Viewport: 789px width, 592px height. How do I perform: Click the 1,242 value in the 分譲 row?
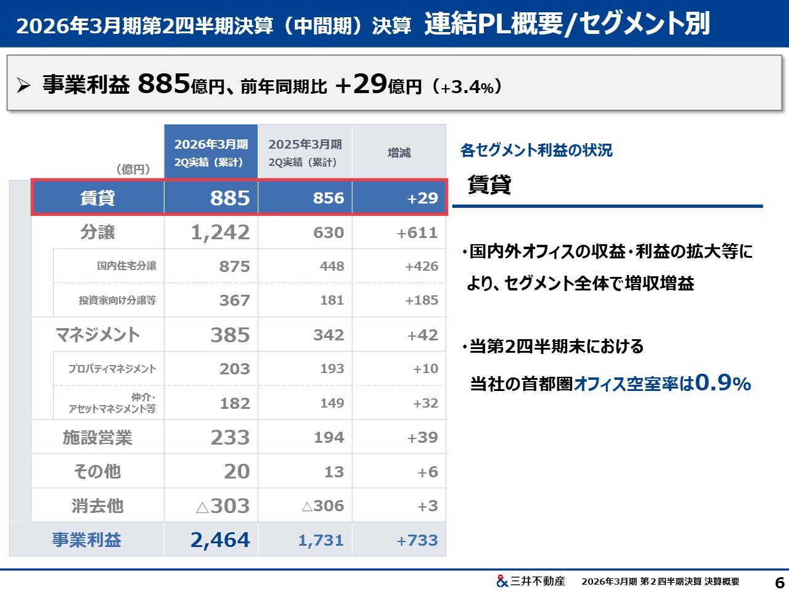(x=220, y=232)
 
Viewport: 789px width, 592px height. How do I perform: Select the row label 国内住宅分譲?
(x=126, y=266)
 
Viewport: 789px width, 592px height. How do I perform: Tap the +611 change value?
(x=417, y=232)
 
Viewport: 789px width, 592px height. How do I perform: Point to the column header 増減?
(x=399, y=152)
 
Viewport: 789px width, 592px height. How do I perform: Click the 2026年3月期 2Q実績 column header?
(x=211, y=152)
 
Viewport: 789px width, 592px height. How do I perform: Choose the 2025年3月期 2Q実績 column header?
(x=305, y=152)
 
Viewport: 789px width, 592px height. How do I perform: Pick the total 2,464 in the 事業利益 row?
(x=220, y=540)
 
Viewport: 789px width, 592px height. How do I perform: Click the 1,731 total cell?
(x=321, y=540)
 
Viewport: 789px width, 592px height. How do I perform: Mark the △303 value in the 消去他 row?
(x=223, y=506)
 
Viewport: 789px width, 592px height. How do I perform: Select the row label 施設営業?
(x=97, y=437)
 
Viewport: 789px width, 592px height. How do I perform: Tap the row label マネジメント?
(x=97, y=335)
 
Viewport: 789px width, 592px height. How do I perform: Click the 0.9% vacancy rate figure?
(x=722, y=383)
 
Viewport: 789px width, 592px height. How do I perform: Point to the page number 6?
(x=779, y=582)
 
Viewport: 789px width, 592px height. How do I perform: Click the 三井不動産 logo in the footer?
(x=530, y=581)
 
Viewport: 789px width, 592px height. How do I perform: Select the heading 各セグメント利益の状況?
(x=536, y=150)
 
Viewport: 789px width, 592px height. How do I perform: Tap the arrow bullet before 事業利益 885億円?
(x=23, y=86)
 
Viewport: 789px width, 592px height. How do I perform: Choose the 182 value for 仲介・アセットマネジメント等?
(x=235, y=403)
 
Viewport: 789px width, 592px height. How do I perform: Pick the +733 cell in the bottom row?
(x=417, y=540)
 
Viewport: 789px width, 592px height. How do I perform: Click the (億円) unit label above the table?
(x=133, y=169)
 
